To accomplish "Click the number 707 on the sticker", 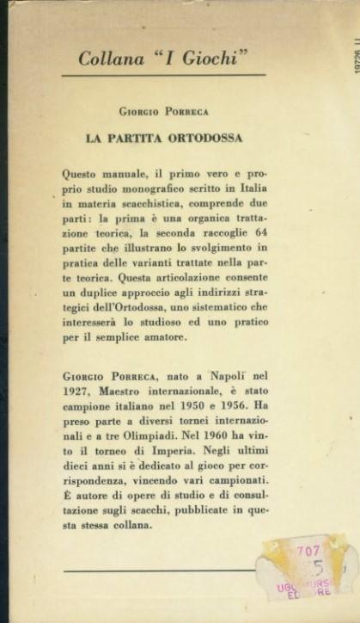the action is point(308,551).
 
